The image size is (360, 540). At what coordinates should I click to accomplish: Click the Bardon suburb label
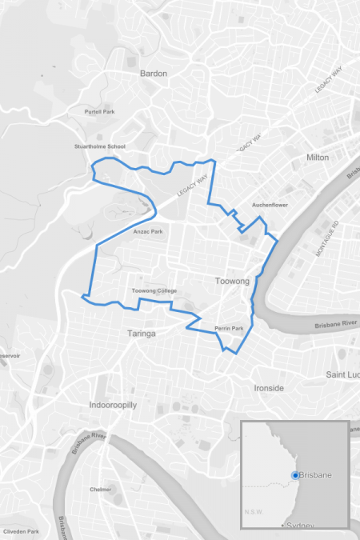click(x=154, y=74)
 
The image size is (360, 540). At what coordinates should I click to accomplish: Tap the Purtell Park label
click(x=100, y=112)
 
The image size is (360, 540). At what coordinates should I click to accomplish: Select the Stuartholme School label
click(x=100, y=147)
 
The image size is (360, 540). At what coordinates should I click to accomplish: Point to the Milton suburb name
click(x=318, y=158)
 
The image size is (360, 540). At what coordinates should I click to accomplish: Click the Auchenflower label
click(x=270, y=205)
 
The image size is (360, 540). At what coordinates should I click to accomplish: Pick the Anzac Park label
click(x=148, y=232)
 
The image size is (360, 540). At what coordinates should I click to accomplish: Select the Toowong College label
click(x=154, y=290)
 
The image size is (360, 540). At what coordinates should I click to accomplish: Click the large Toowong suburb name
click(x=233, y=282)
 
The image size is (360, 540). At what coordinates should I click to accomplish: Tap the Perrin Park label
click(x=229, y=329)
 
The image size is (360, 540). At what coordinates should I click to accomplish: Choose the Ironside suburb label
click(x=269, y=388)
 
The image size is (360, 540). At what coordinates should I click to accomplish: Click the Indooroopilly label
click(x=113, y=405)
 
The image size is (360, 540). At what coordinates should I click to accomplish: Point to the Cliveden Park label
click(x=21, y=531)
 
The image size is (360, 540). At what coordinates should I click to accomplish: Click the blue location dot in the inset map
click(x=295, y=475)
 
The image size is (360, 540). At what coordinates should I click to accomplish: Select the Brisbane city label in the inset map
click(x=316, y=476)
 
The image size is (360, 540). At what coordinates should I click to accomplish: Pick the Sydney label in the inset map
click(x=300, y=525)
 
